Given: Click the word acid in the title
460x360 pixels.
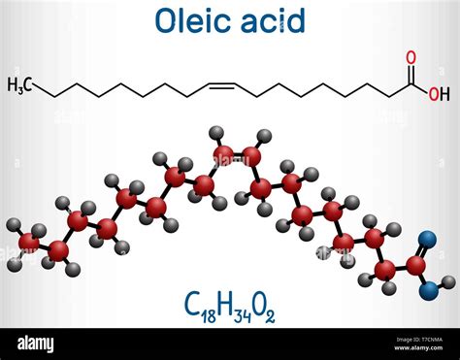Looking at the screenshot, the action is click(x=276, y=20).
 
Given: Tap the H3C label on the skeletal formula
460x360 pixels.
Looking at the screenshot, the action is click(x=20, y=86).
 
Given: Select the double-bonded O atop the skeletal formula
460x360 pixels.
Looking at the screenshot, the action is click(x=410, y=57).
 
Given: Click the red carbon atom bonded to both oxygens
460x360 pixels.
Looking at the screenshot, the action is click(x=416, y=263).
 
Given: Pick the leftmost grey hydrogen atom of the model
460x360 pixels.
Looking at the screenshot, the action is click(x=13, y=225).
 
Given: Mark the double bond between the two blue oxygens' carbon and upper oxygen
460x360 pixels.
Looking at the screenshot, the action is click(x=423, y=250).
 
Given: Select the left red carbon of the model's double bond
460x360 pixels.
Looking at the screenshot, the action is click(x=223, y=154).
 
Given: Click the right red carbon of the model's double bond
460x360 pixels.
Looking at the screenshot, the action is click(x=251, y=154).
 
